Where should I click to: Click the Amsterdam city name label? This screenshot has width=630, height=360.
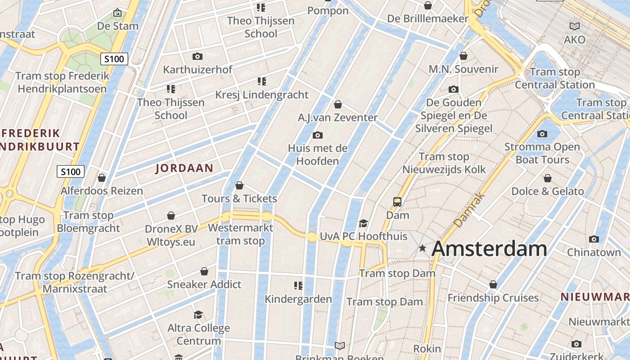[x=489, y=249]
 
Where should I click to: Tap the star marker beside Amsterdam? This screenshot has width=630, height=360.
[x=422, y=248]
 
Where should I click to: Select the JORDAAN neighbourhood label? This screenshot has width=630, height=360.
[x=184, y=168]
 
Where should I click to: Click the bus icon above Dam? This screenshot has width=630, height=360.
[x=397, y=202]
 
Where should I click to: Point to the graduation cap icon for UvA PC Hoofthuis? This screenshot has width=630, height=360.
[x=363, y=223]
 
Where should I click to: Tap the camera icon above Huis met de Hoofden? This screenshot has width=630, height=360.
[x=318, y=135]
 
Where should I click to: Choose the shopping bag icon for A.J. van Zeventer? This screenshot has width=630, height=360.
[x=338, y=104]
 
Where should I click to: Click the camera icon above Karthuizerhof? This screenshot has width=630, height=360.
[x=197, y=56]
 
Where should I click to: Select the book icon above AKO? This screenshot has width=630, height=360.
[x=575, y=26]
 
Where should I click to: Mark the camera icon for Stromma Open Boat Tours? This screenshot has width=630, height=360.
[x=542, y=134]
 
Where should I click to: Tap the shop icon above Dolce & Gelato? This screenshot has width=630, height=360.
[x=548, y=178]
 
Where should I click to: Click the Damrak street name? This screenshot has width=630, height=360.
[x=468, y=210]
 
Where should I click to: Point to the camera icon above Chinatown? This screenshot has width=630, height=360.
[x=594, y=239]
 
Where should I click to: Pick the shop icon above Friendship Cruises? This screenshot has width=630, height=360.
[x=493, y=284]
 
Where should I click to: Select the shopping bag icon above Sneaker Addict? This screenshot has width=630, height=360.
[x=204, y=271]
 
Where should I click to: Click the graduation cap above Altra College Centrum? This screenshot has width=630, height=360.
[x=198, y=315]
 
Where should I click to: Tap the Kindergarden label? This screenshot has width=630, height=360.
[x=298, y=299]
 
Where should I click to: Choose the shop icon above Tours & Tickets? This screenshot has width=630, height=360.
[x=239, y=185]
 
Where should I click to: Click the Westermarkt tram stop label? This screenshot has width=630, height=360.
[x=240, y=234]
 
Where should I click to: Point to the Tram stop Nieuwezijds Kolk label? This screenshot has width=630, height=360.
[x=444, y=163]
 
